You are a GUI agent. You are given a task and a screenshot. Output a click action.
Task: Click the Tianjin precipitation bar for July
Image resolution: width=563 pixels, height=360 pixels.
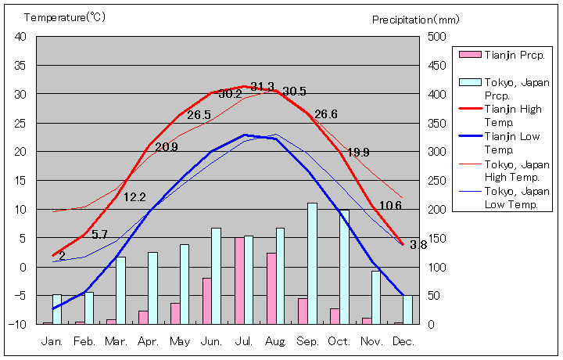[239, 280]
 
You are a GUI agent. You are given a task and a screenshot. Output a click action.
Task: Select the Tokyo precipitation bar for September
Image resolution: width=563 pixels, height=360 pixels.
[312, 263]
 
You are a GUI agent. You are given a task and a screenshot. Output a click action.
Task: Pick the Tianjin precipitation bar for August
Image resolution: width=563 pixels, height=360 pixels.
[271, 288]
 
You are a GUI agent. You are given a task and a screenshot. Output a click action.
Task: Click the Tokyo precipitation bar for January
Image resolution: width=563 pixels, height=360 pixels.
[57, 308]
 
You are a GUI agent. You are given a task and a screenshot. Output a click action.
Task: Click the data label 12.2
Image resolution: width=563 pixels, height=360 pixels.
[135, 197]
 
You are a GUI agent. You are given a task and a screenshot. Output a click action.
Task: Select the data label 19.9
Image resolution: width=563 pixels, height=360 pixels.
[358, 152]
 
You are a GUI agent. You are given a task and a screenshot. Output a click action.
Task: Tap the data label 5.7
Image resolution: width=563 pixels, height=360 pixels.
[99, 235]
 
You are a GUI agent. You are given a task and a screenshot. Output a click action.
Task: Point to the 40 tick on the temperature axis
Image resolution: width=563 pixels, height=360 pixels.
[20, 37]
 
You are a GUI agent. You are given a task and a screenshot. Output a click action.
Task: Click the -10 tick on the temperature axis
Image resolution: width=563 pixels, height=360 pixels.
[18, 324]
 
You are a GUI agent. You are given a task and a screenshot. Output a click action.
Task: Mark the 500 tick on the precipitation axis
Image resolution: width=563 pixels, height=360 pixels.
[436, 37]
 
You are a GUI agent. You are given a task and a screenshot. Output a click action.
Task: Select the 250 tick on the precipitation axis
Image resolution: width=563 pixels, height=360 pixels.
[436, 180]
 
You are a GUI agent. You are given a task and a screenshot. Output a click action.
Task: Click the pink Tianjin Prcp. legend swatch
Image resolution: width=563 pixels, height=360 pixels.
[469, 54]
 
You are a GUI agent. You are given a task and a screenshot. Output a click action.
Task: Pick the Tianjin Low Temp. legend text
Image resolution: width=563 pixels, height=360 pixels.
[513, 142]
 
